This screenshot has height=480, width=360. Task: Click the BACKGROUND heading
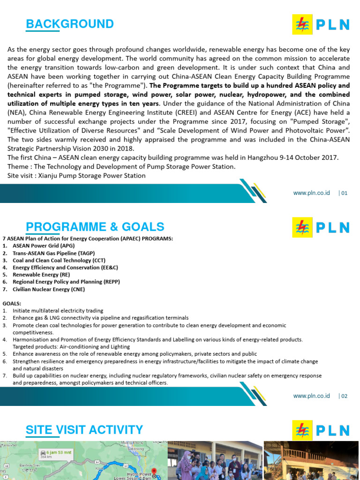70,24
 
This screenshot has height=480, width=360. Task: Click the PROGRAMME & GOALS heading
95,227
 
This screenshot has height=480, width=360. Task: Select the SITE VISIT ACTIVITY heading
84,429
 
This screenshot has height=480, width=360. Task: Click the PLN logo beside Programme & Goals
321,227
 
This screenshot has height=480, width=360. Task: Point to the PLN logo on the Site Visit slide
321,430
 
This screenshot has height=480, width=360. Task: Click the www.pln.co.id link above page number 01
312,193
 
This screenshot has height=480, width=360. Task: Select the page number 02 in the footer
344,396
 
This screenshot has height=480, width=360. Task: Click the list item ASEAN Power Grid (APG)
44,246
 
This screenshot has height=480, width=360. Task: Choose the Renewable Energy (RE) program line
42,275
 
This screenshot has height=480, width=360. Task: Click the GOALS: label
12,303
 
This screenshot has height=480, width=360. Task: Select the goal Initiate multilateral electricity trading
58,311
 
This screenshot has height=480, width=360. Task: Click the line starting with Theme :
121,167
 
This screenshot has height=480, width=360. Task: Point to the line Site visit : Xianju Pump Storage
77,175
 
